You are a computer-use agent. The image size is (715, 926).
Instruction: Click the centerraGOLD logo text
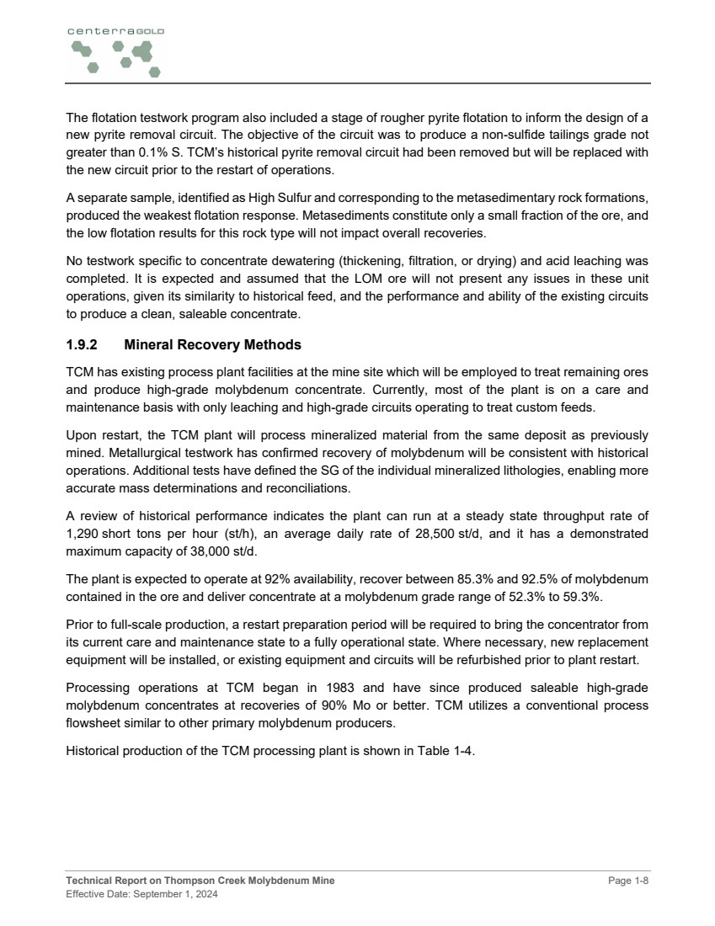click(115, 30)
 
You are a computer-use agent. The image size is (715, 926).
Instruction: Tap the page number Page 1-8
click(629, 881)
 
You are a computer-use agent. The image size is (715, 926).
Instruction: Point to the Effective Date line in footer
click(141, 894)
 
